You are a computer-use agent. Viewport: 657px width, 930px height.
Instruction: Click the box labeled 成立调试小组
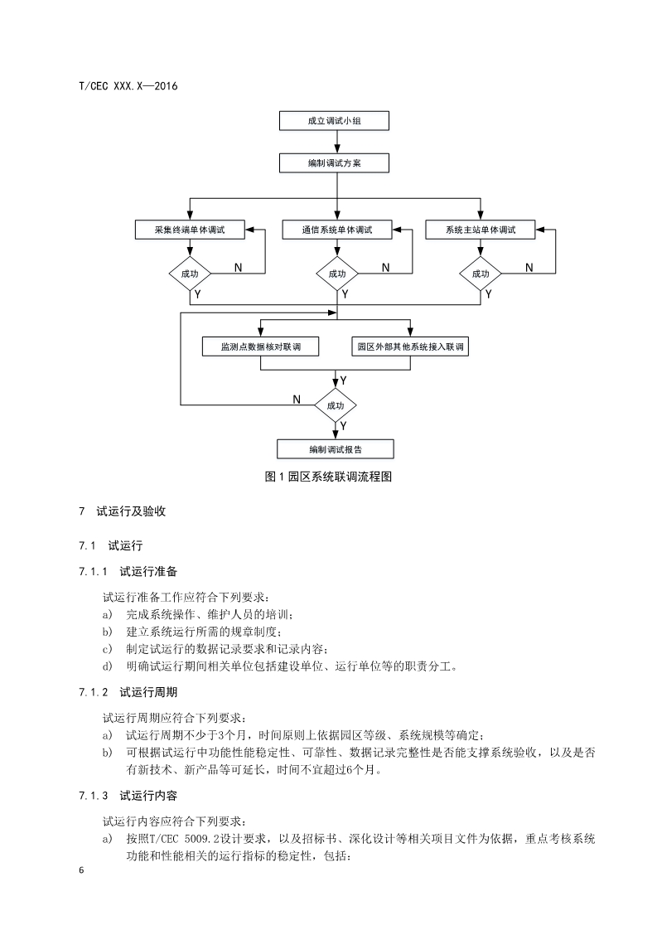pyautogui.click(x=335, y=122)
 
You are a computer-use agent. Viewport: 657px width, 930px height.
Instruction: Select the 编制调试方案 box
pyautogui.click(x=335, y=163)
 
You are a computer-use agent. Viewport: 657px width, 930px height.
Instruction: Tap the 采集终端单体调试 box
pyautogui.click(x=190, y=230)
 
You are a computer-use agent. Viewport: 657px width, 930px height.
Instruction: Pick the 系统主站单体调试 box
pyautogui.click(x=481, y=230)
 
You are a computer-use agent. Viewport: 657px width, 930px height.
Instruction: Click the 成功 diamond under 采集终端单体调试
pyautogui.click(x=190, y=274)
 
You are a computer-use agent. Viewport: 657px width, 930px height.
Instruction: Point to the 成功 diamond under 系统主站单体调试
pyautogui.click(x=481, y=274)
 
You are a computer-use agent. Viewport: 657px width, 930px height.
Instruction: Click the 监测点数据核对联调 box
pyautogui.click(x=260, y=346)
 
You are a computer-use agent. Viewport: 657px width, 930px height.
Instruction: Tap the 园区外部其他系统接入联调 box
pyautogui.click(x=410, y=346)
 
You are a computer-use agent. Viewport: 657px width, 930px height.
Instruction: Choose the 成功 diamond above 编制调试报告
pyautogui.click(x=335, y=406)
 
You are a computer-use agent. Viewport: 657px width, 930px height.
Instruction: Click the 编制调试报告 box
pyautogui.click(x=335, y=449)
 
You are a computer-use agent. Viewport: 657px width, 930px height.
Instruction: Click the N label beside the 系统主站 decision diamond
pyautogui.click(x=529, y=267)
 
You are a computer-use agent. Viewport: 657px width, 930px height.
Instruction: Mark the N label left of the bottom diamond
pyautogui.click(x=296, y=400)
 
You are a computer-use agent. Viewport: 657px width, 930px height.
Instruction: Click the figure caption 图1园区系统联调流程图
pyautogui.click(x=327, y=477)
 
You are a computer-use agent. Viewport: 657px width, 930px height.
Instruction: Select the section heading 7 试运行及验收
pyautogui.click(x=122, y=511)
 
